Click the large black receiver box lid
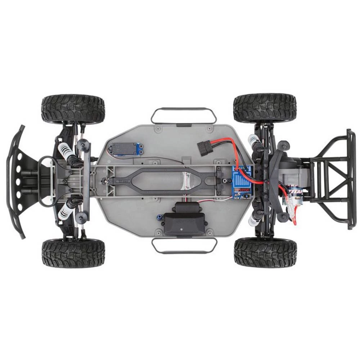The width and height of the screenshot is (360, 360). (x=184, y=224)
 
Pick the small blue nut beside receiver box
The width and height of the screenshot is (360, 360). (x=158, y=217)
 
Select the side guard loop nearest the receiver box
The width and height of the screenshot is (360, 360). (x=184, y=246)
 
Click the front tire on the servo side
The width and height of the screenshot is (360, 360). (x=73, y=109)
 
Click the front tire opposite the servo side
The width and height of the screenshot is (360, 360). (x=73, y=253)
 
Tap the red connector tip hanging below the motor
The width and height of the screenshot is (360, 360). (x=295, y=222)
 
